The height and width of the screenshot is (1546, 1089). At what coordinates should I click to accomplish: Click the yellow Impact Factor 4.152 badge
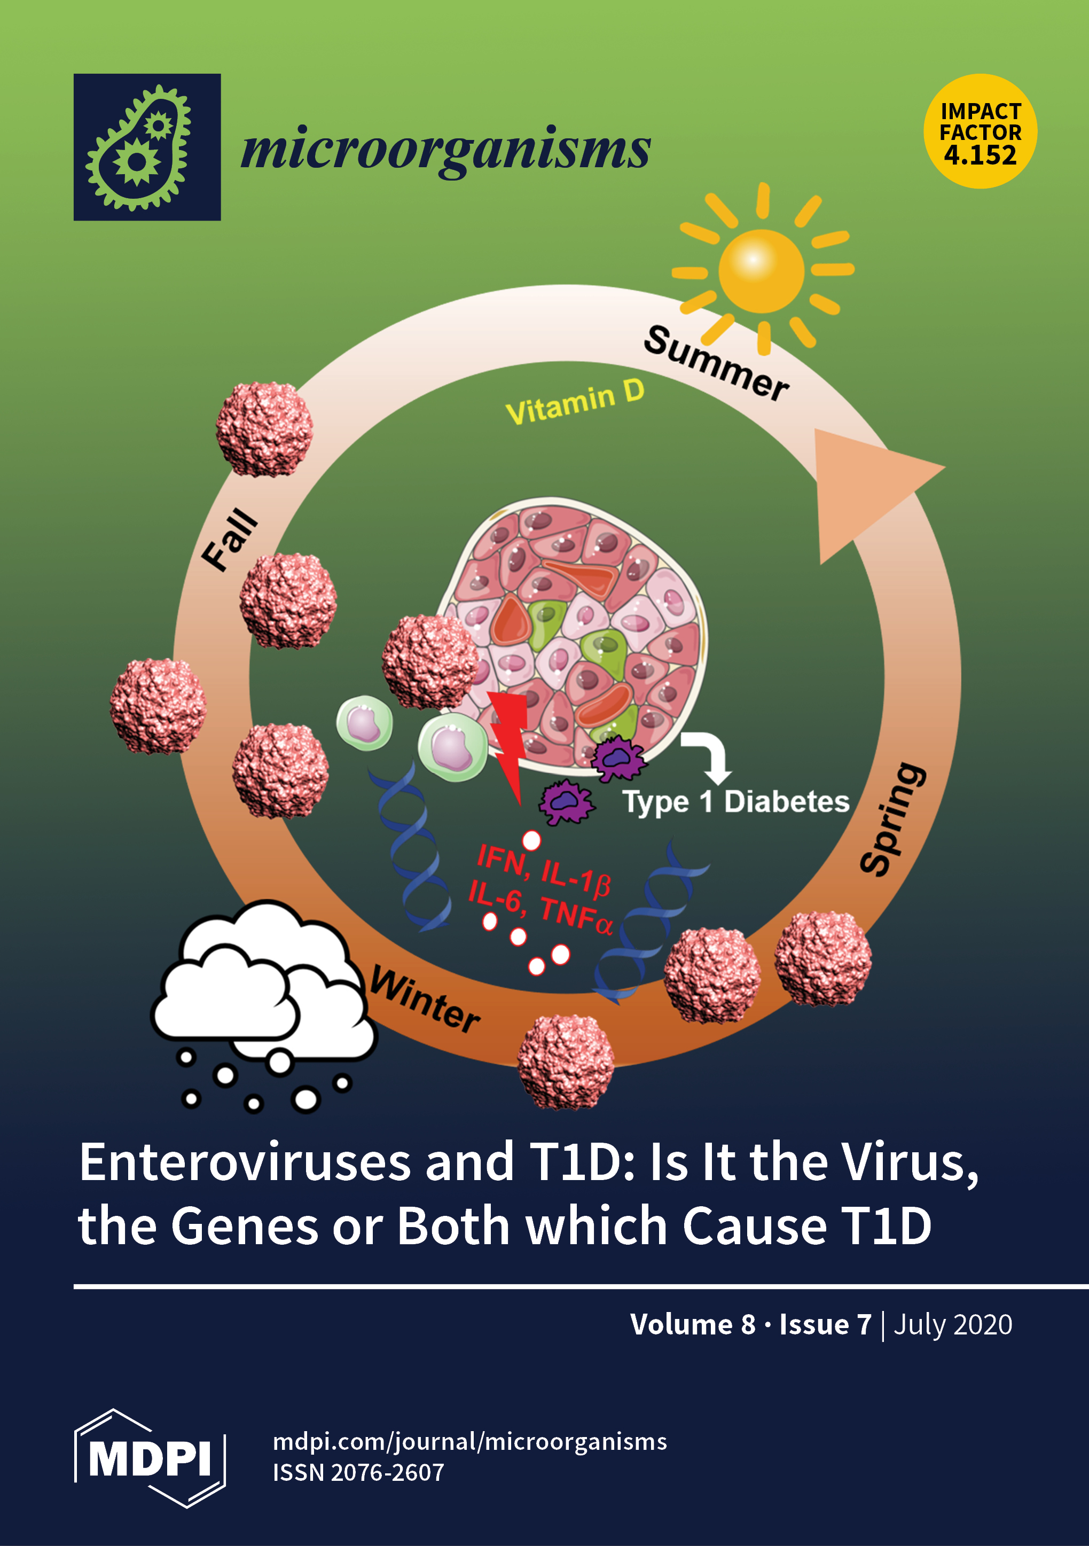point(980,131)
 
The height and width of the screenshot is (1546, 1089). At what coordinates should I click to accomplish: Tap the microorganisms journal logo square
point(147,147)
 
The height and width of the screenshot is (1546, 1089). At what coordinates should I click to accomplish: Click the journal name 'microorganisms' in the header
point(445,150)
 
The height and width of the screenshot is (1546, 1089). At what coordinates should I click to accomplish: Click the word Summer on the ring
point(716,364)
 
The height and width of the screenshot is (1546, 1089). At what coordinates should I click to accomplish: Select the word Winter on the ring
point(425,998)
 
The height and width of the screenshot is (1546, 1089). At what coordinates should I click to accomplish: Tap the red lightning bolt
point(510,740)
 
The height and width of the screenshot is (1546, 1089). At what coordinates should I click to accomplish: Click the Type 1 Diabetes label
point(735,802)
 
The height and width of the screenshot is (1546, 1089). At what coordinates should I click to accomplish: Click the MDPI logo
point(150,1458)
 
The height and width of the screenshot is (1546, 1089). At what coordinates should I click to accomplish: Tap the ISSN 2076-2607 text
point(358,1473)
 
